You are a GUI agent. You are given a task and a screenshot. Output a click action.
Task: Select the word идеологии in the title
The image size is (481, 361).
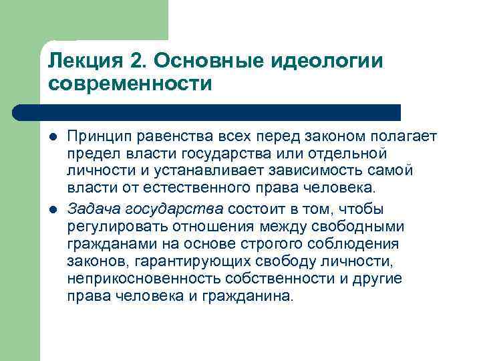[x=326, y=62]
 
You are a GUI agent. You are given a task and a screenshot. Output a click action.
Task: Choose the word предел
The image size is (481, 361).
[x=90, y=154]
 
